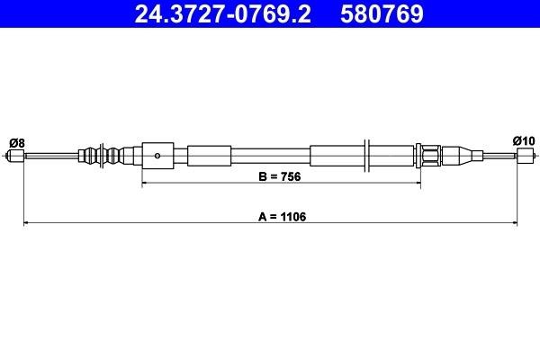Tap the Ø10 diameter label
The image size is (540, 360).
pos(524,140)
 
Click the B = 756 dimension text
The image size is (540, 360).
pos(278,177)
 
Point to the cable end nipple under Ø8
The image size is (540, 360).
pos(15,156)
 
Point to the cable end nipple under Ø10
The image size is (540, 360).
pos(525,156)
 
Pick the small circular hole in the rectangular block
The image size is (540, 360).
pos(157,155)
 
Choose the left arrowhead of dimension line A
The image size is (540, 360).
pos(26,222)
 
